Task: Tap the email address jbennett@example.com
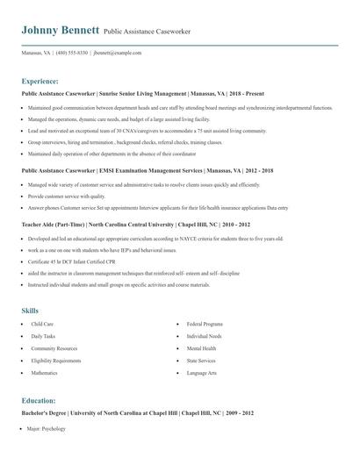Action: click(118, 54)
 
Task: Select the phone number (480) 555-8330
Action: click(72, 54)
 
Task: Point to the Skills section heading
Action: click(30, 311)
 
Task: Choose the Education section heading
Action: click(40, 400)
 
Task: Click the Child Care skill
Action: click(42, 324)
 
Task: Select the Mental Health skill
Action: click(201, 348)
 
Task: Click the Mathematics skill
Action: click(44, 373)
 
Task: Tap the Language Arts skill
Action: click(202, 373)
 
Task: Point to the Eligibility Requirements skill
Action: click(56, 361)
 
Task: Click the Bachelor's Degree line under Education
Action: click(137, 412)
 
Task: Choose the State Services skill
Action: click(201, 361)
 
